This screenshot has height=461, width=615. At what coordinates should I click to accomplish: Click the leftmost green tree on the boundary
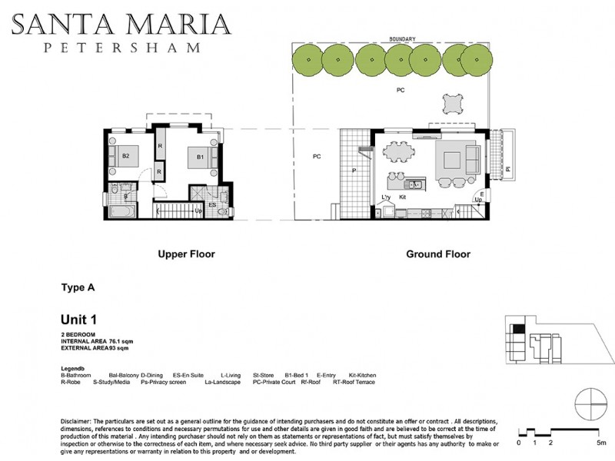pos(307,58)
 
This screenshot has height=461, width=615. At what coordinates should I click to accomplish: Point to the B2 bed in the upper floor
pos(127,157)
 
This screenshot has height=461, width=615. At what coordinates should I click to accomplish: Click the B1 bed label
pos(199,157)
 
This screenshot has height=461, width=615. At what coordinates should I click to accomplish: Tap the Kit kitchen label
pos(402,197)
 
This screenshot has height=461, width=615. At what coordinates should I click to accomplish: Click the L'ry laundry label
pos(387,197)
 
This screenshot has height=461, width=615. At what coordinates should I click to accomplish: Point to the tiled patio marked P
pos(354,172)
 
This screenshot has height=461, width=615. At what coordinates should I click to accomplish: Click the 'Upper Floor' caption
pos(186,254)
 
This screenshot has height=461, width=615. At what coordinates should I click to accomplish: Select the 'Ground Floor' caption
pos(437,254)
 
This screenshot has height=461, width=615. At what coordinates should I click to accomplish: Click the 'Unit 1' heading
pos(79,319)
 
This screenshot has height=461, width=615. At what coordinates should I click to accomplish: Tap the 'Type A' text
pos(77,288)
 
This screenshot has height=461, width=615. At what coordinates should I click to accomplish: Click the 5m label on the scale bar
pos(600,443)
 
